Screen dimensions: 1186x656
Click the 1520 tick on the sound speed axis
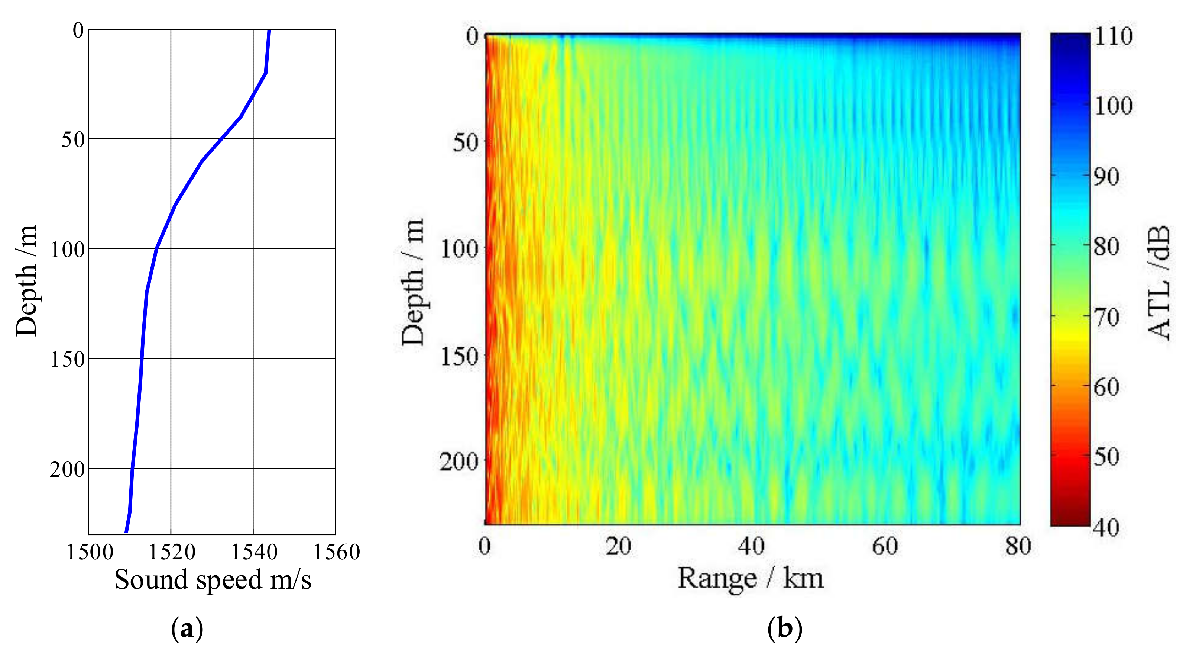tap(172, 552)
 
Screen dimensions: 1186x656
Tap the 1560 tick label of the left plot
tap(336, 552)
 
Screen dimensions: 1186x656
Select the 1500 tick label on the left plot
tap(90, 552)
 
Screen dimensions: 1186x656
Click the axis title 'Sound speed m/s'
tap(213, 579)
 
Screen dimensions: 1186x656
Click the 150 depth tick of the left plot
tap(67, 359)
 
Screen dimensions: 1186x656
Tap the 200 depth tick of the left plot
tap(67, 469)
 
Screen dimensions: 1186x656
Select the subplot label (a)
tap(187, 628)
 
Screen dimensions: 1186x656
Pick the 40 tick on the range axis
tap(751, 546)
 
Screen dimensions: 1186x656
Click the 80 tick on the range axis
tap(1018, 546)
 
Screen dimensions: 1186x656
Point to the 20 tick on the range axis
tap(618, 546)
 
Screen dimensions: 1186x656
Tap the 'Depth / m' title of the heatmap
tap(412, 282)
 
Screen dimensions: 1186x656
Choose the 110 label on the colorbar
tap(1113, 36)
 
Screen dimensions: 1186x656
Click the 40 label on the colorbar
tap(1107, 527)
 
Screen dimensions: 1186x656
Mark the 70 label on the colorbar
tap(1107, 317)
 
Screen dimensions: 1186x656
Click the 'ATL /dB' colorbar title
tap(1157, 282)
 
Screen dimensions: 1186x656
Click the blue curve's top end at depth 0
tap(269, 31)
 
